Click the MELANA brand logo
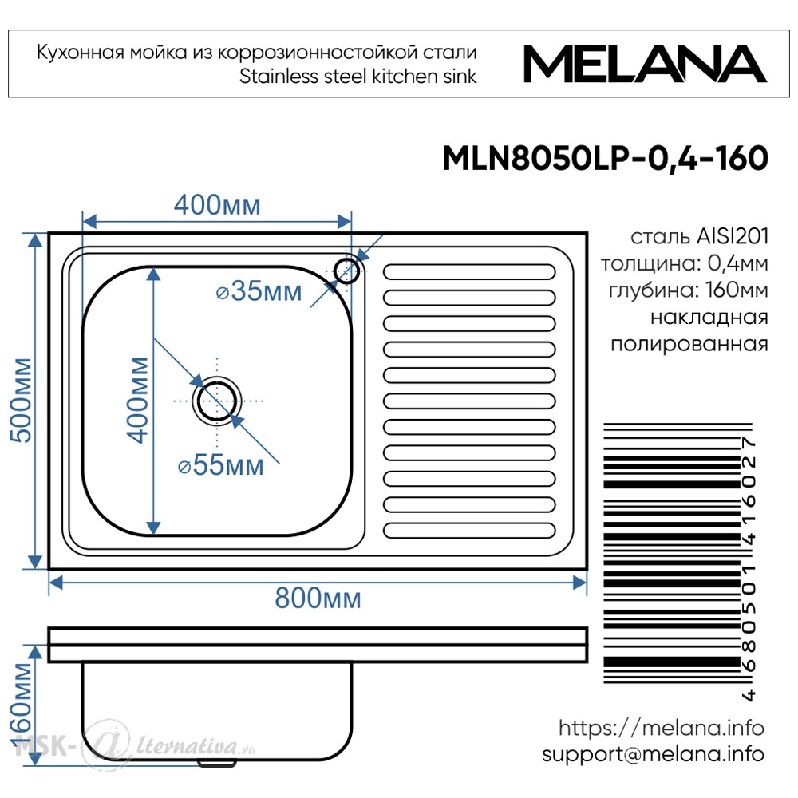[x=645, y=64]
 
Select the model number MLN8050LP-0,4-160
[x=606, y=158]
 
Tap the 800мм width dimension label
[x=318, y=598]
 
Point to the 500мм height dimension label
[x=22, y=400]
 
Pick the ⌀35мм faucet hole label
[x=259, y=291]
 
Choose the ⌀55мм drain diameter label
[x=221, y=465]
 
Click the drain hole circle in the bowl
[x=217, y=401]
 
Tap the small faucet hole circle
[x=347, y=271]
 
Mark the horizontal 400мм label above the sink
[x=217, y=206]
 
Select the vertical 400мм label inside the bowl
[x=138, y=400]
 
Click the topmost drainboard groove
[x=469, y=272]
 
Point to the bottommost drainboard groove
[x=469, y=531]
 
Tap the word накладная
[x=709, y=318]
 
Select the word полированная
[x=689, y=345]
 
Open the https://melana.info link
[x=662, y=728]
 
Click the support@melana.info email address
[x=654, y=754]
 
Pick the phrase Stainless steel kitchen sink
[x=358, y=77]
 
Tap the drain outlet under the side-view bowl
[x=217, y=764]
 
